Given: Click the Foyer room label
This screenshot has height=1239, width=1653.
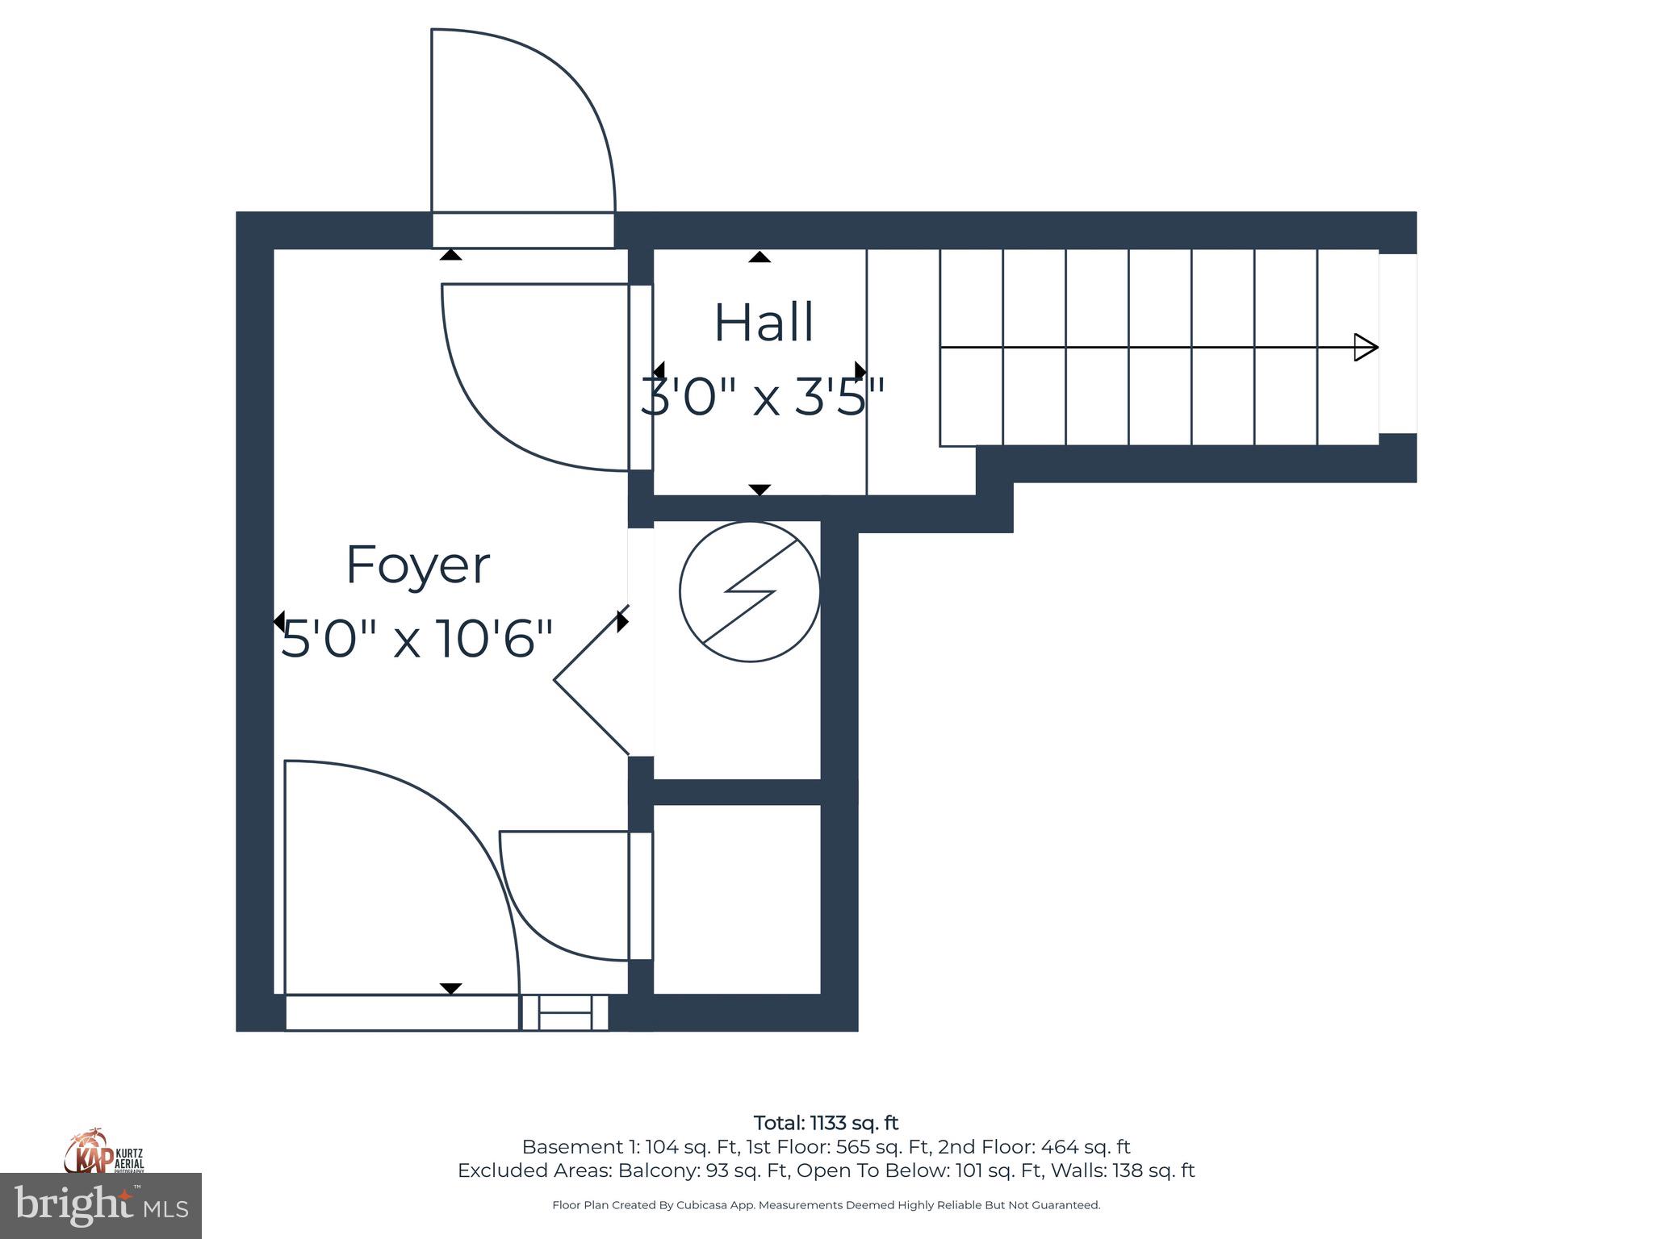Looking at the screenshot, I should coord(417,566).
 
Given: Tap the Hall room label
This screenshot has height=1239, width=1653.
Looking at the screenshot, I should coord(764,323).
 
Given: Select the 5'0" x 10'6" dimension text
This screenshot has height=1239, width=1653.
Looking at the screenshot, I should coord(416,639).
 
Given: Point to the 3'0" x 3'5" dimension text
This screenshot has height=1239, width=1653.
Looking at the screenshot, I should coord(763,397).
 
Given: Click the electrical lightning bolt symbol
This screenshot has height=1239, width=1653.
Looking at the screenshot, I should coord(750,591).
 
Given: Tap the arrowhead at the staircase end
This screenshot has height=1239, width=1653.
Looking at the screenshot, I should coord(1365,348).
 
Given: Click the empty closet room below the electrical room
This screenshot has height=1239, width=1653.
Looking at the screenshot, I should coord(736,899).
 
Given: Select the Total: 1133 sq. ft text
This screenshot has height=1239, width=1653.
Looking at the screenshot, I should coord(826,1123).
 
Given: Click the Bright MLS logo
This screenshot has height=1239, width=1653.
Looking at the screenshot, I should coord(101,1205).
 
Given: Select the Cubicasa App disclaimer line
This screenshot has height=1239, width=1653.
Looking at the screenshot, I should coord(826,1205).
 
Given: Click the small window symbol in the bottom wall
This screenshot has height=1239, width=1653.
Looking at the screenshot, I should coord(564,1012).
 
